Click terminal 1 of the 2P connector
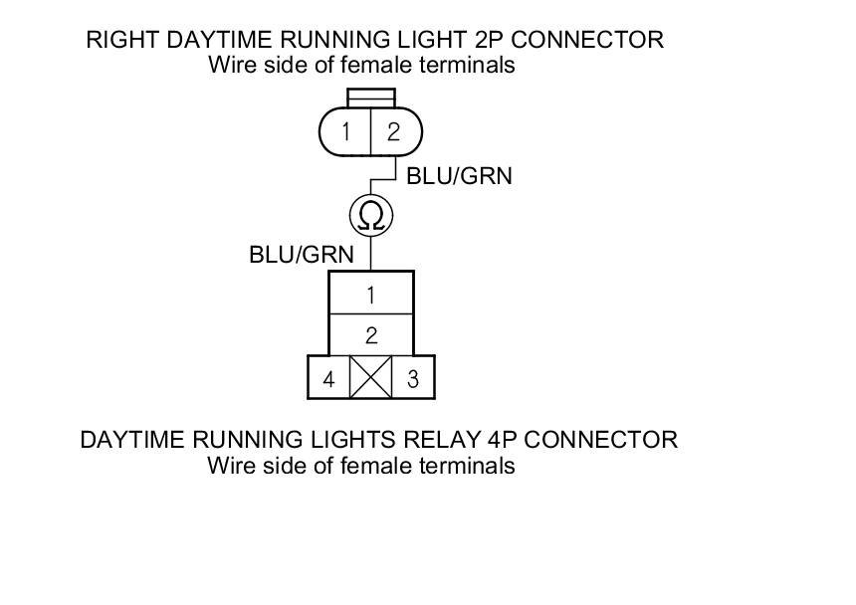(x=345, y=131)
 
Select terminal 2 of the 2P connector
(x=393, y=131)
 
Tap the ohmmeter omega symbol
(x=370, y=215)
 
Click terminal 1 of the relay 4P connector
(x=370, y=295)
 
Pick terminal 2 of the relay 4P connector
(x=370, y=335)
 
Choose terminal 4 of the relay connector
(x=327, y=379)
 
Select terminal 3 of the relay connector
(x=413, y=379)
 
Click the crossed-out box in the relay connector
(x=370, y=378)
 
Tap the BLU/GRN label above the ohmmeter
(x=459, y=176)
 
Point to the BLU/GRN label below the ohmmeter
(x=301, y=255)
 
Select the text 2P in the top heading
(x=498, y=41)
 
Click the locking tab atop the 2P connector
(x=370, y=98)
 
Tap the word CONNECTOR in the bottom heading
(x=597, y=439)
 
